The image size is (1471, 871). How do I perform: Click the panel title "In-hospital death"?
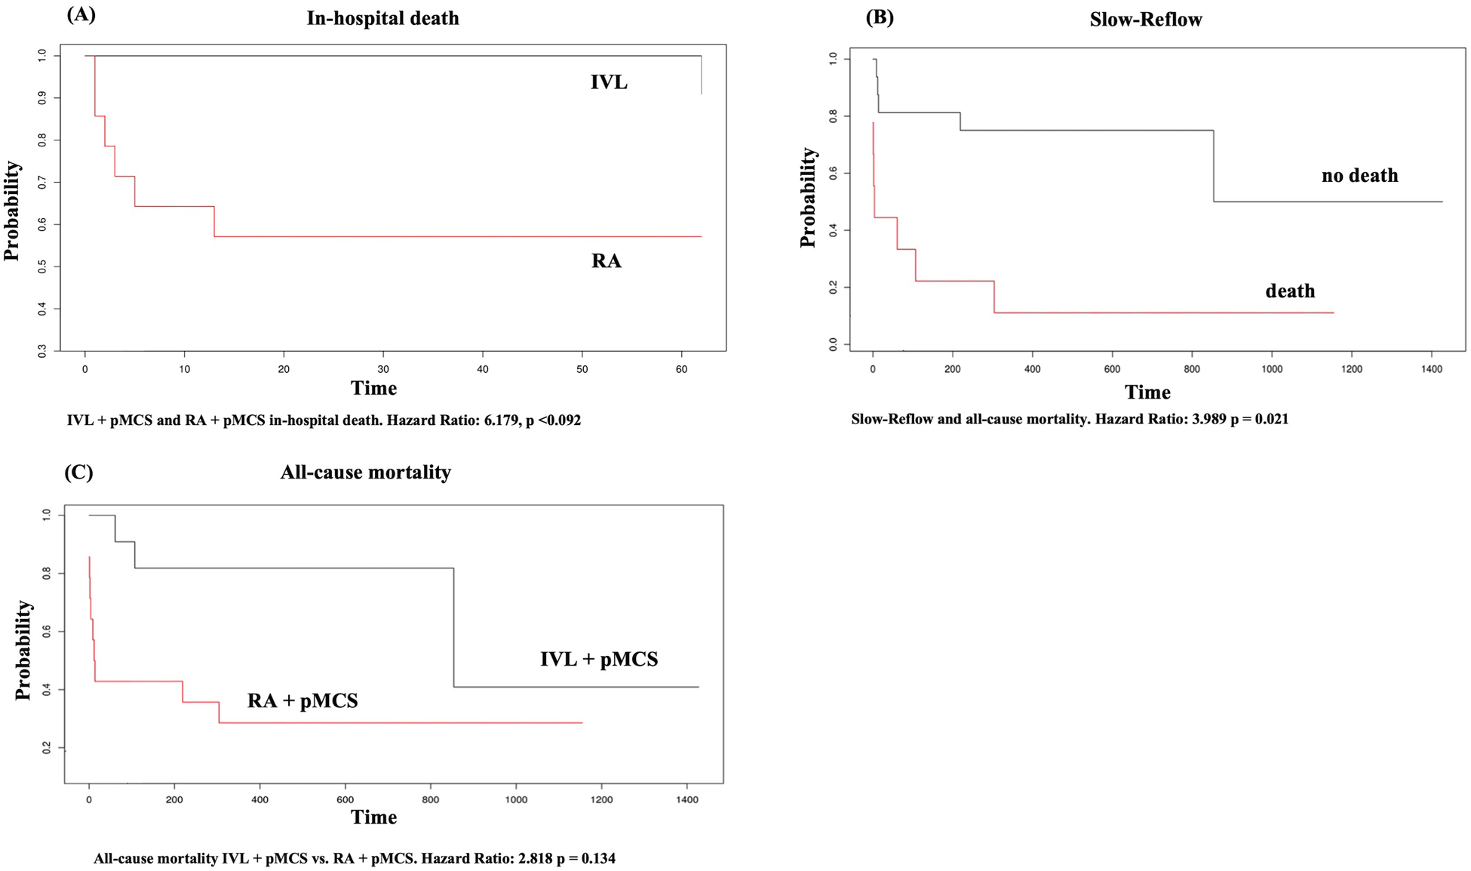click(382, 18)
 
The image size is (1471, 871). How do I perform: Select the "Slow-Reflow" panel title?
click(1145, 20)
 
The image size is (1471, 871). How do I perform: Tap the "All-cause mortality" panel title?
click(365, 472)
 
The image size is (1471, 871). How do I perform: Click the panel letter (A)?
click(81, 14)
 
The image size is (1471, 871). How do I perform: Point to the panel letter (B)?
click(880, 17)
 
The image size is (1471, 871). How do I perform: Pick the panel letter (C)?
click(78, 472)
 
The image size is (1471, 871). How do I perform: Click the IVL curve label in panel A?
click(608, 82)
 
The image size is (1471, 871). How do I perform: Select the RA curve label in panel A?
click(606, 261)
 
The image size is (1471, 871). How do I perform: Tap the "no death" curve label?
click(1359, 176)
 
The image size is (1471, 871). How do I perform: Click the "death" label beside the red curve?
click(1290, 291)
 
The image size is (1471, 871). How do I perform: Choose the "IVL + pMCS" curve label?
click(599, 660)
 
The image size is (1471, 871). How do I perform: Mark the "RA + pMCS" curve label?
click(302, 701)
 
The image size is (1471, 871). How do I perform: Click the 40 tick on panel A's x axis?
click(483, 369)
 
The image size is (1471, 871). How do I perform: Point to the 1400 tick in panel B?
click(1431, 369)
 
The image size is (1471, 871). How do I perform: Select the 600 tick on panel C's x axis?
click(345, 799)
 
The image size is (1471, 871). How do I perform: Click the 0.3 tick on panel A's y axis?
click(43, 351)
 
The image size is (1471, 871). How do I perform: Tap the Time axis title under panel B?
click(1147, 392)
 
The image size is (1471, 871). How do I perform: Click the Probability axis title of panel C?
click(23, 650)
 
